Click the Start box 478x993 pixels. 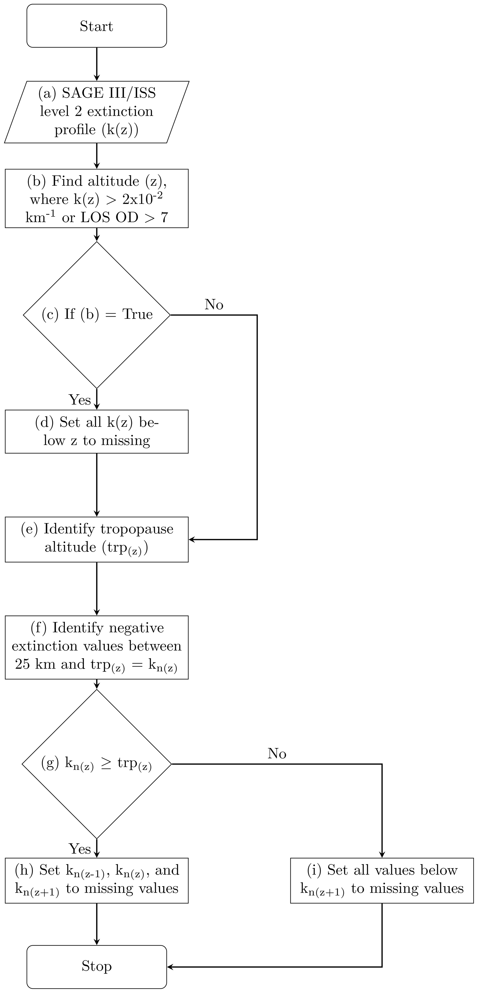(x=96, y=26)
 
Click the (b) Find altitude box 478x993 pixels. (x=96, y=198)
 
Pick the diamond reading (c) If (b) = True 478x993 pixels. (x=96, y=315)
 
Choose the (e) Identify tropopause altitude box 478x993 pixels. (x=96, y=539)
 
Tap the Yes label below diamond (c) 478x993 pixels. (x=80, y=400)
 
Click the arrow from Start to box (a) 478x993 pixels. (x=96, y=64)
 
